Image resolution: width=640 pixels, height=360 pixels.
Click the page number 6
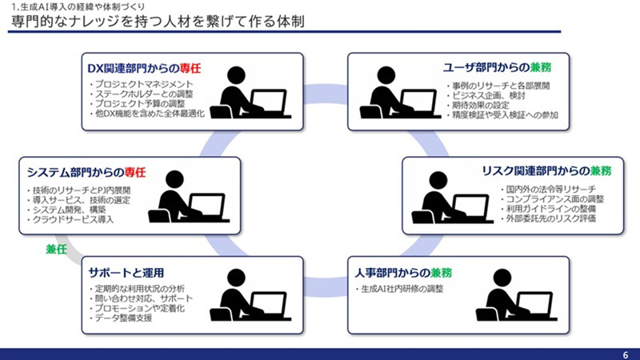[x=625, y=354]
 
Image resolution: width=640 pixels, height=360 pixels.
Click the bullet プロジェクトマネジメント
[x=144, y=84]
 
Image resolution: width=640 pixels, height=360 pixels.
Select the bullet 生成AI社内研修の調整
[x=399, y=288]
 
